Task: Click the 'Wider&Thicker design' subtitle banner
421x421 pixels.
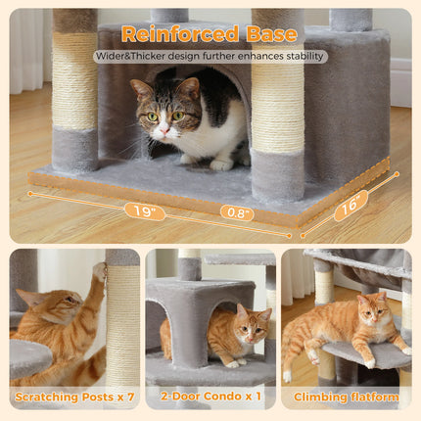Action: click(x=210, y=57)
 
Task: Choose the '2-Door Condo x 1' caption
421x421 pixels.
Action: click(x=210, y=398)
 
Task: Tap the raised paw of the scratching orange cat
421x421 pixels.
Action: click(x=99, y=271)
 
